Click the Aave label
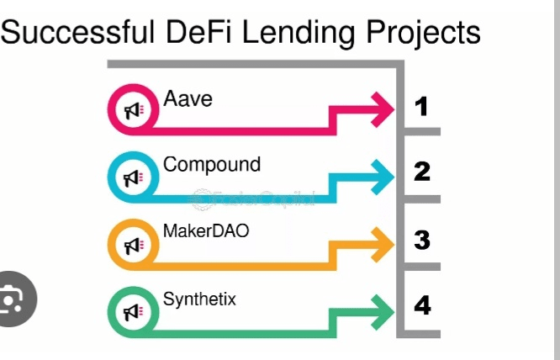(188, 99)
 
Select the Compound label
(212, 164)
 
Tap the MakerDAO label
(206, 230)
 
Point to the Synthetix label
(199, 297)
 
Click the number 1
(422, 107)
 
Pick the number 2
(422, 172)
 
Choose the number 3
(422, 240)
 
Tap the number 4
(422, 306)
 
